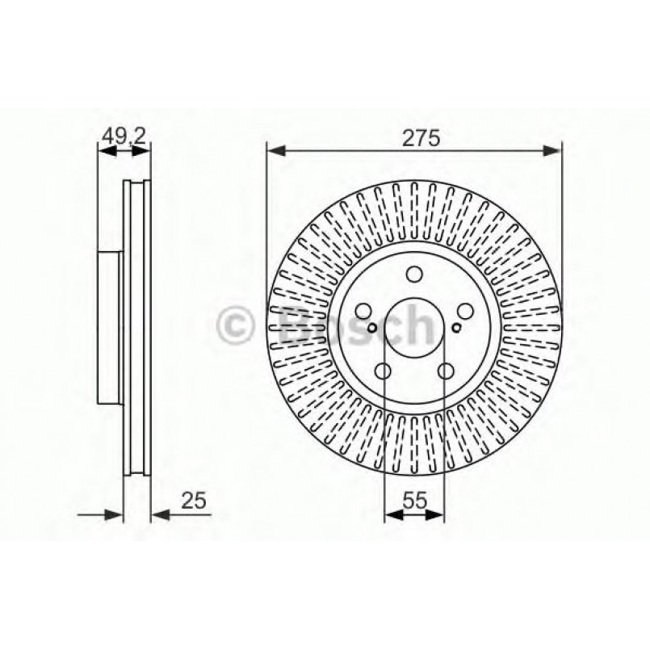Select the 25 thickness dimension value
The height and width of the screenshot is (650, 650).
pyautogui.click(x=194, y=501)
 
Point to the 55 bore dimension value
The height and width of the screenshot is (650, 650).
pyautogui.click(x=413, y=501)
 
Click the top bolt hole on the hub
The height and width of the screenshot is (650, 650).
pyautogui.click(x=413, y=275)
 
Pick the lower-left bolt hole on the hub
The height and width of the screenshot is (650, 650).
pyautogui.click(x=383, y=371)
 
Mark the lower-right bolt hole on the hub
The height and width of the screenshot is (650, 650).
pyautogui.click(x=444, y=371)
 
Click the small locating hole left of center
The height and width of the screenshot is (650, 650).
pyautogui.click(x=371, y=328)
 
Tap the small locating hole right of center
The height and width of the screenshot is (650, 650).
pyautogui.click(x=456, y=328)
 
